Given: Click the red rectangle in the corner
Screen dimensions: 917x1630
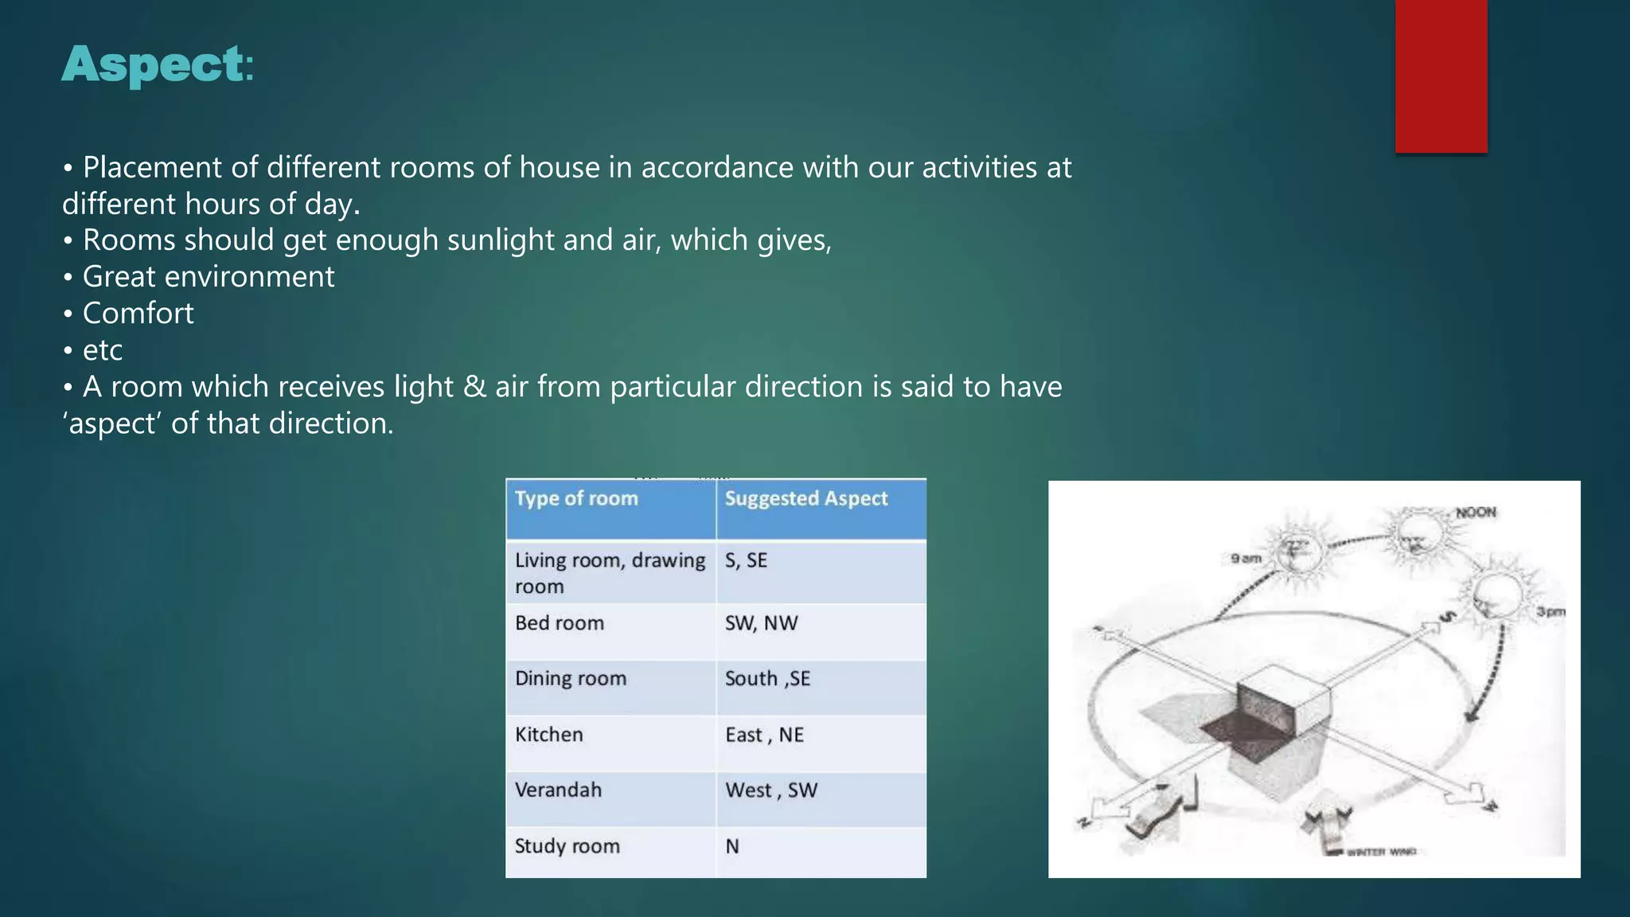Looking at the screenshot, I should point(1441,76).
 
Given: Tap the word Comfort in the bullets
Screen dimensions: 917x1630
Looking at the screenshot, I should point(138,314).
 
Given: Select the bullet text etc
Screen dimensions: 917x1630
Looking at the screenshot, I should point(102,350).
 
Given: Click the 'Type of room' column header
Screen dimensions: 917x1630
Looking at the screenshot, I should point(576,499).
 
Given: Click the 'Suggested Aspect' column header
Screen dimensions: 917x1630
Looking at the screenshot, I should point(805,499).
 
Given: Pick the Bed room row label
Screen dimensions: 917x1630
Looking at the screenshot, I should point(559,623).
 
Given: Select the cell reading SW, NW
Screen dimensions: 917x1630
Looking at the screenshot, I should point(761,623).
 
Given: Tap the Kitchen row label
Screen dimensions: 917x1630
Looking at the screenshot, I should point(548,735).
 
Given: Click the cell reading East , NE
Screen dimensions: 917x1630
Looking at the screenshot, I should point(764,735).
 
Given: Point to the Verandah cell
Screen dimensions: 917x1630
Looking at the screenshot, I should point(558,790).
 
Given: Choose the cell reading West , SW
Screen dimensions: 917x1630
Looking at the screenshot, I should point(770,790).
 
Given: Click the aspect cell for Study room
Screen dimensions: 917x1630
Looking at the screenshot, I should point(732,846).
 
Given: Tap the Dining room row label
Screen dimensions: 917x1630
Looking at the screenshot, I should point(570,679).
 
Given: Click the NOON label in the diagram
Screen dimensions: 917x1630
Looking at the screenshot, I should point(1476,513).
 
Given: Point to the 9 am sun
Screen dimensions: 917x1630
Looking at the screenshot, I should point(1296,550).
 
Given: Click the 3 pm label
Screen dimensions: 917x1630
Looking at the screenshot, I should point(1550,612).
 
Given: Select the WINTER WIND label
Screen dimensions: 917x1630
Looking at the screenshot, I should point(1381,852).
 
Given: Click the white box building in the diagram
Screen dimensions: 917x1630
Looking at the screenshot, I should point(1283,693).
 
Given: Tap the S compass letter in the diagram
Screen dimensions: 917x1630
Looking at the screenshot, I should point(1449,616).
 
